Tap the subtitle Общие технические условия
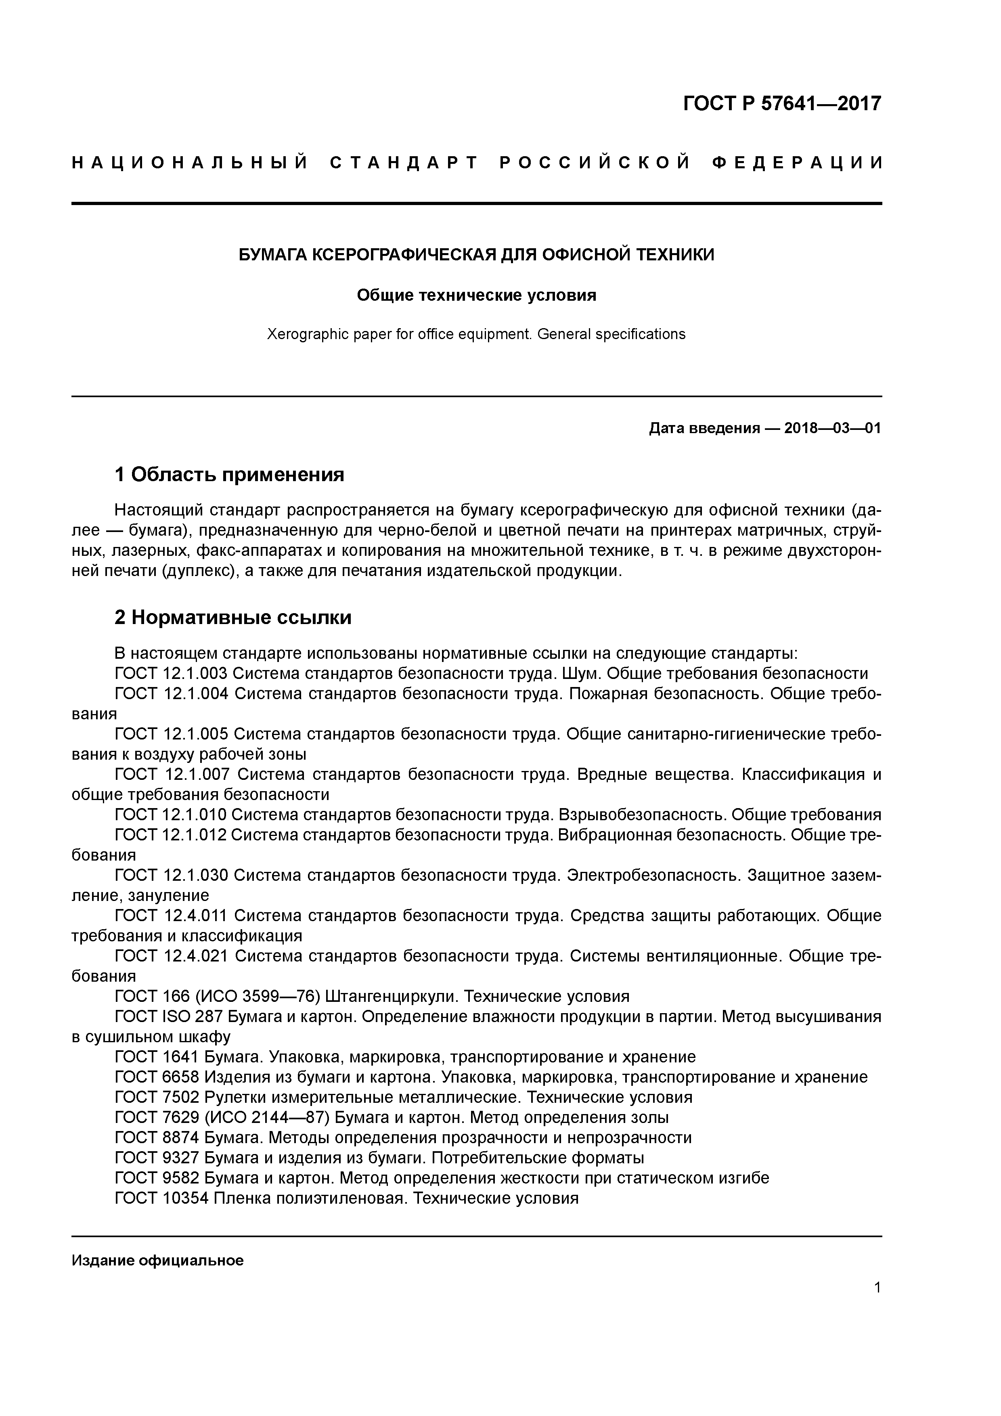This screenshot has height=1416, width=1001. click(x=476, y=295)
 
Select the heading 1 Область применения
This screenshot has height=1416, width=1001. click(x=229, y=474)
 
